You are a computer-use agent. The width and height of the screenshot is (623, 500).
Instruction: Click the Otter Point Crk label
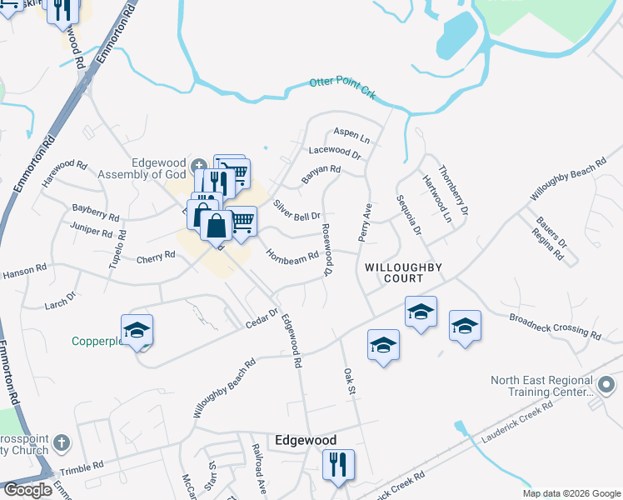342,87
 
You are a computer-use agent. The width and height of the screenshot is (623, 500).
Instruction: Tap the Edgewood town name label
307,440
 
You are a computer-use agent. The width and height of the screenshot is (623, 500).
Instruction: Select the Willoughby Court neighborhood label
402,272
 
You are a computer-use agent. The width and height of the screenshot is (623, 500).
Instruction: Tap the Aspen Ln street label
350,133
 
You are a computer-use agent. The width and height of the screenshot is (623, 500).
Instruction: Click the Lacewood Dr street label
334,152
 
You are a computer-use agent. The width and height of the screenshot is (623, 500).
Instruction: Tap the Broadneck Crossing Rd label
555,327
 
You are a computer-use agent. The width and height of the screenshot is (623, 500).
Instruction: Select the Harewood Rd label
70,165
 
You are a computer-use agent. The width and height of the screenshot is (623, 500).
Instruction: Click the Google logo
27,490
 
